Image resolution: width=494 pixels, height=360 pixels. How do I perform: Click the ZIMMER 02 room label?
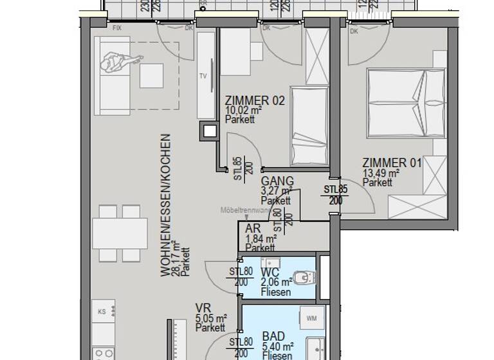coord(254,101)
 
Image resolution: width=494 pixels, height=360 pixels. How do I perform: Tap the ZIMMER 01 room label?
coord(392,163)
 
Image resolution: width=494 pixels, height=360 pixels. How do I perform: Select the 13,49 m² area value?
coord(381,173)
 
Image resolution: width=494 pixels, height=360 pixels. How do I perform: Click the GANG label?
coord(277,181)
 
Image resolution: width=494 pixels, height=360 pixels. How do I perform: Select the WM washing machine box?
coord(312,318)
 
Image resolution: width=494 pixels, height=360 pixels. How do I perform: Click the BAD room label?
coord(273,336)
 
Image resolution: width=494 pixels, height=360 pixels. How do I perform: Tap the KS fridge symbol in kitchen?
coord(101,312)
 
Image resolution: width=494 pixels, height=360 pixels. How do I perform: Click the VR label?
coord(203,308)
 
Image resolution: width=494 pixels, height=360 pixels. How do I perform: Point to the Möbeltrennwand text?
coord(244,210)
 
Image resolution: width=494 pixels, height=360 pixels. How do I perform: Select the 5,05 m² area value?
coord(211,318)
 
